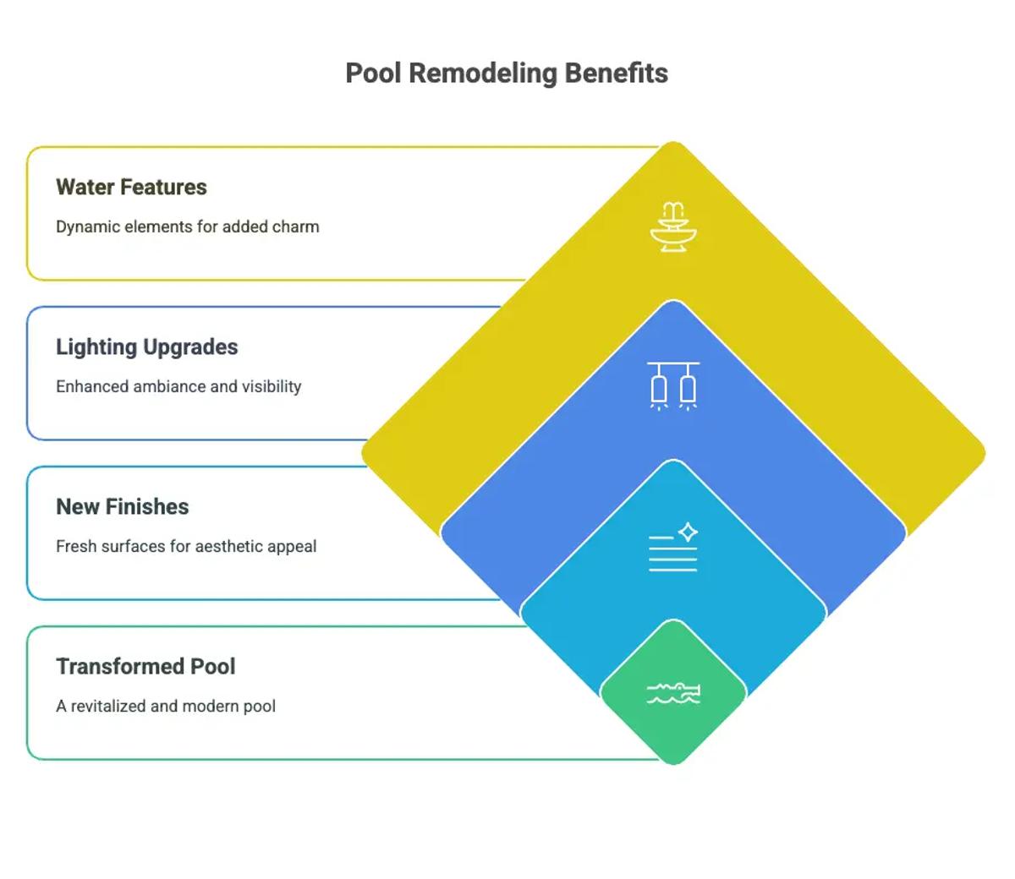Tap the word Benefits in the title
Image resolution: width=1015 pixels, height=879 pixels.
(616, 74)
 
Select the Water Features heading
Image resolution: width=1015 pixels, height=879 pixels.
(131, 187)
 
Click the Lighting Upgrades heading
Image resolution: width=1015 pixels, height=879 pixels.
(146, 347)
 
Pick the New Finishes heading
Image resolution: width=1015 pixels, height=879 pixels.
(122, 506)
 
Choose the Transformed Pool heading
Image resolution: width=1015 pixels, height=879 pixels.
(145, 666)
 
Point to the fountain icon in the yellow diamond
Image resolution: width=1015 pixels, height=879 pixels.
(673, 227)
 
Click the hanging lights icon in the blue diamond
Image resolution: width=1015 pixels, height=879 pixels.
(673, 385)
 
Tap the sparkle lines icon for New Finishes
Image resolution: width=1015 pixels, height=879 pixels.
(673, 547)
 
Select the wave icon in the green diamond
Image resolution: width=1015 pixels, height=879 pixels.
(673, 693)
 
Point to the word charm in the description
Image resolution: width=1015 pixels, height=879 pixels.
(295, 227)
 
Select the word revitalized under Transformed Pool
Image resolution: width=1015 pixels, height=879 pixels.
(108, 706)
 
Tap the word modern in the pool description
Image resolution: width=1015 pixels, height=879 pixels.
(206, 706)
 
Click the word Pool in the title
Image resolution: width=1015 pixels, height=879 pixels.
(373, 74)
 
